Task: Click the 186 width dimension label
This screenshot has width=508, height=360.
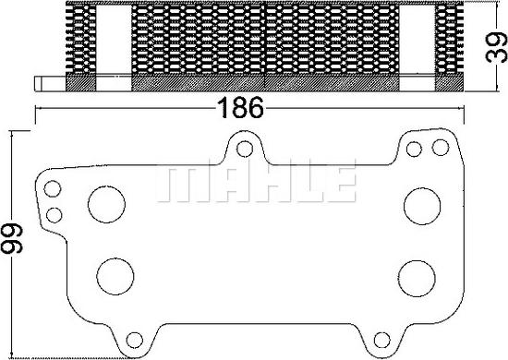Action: [240, 107]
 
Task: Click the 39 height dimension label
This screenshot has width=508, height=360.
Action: [496, 48]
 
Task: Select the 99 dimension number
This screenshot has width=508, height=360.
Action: [11, 238]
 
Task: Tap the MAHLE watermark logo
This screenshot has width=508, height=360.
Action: [256, 184]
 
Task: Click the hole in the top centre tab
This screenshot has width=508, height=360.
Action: [245, 149]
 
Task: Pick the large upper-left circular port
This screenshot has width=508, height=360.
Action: [106, 204]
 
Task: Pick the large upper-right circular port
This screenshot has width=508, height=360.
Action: [422, 206]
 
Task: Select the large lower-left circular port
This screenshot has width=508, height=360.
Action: [115, 277]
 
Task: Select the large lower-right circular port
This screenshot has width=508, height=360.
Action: [417, 279]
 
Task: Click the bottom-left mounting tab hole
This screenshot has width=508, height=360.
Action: [135, 341]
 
